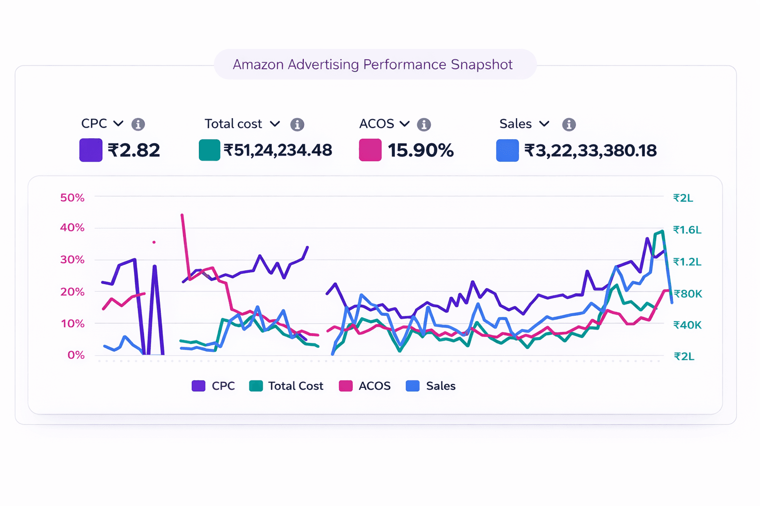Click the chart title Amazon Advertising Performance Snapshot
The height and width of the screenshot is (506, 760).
373,65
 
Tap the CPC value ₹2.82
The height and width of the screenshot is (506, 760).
134,150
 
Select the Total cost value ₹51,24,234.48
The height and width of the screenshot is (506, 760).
278,150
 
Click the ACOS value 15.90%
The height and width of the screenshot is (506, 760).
421,150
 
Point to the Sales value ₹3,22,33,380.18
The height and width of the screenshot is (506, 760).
590,150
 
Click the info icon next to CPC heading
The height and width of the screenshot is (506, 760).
138,124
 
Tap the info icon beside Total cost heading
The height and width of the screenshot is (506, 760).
297,124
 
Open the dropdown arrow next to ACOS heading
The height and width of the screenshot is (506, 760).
405,124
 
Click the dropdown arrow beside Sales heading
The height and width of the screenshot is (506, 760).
544,124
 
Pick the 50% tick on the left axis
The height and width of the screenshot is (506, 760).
72,198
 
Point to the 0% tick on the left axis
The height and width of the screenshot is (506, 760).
76,355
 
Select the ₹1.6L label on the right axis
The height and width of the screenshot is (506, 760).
687,230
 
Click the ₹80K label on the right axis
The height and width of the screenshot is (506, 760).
687,294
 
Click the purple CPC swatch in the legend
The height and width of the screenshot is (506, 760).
198,386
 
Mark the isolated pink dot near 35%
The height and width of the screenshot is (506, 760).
154,242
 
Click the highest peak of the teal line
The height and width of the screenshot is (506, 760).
662,231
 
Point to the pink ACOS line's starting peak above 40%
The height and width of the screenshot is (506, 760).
182,215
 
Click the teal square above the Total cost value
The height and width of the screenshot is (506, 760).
209,150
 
